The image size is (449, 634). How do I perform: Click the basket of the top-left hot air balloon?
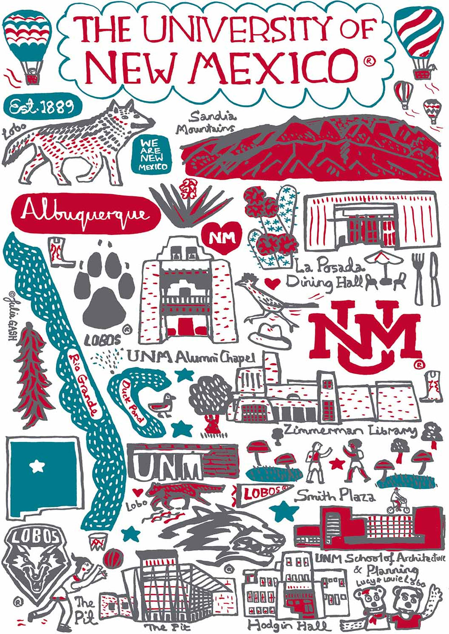click(x=32, y=79)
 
